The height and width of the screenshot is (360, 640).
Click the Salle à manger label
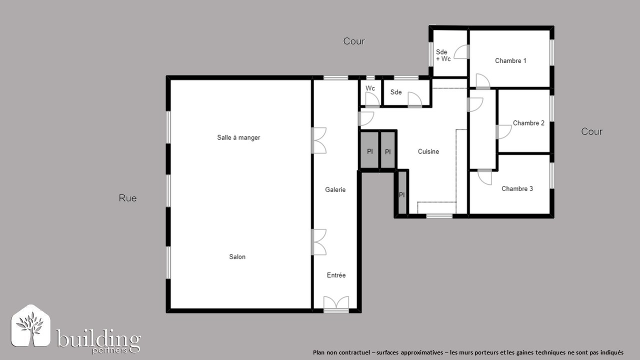click(x=238, y=137)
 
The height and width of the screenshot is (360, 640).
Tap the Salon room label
click(x=237, y=257)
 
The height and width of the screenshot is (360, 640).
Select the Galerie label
click(x=335, y=189)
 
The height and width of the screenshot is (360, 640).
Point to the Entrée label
click(x=336, y=275)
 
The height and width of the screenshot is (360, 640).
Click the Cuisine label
click(x=428, y=151)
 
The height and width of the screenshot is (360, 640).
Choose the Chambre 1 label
click(x=510, y=60)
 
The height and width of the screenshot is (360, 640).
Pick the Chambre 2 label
click(x=528, y=123)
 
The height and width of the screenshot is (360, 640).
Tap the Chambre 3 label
click(x=517, y=188)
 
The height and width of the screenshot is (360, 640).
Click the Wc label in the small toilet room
click(x=370, y=88)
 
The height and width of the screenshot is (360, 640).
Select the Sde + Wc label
click(x=443, y=55)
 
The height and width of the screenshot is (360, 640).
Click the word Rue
click(x=127, y=198)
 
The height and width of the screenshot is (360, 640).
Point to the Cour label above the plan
click(x=353, y=41)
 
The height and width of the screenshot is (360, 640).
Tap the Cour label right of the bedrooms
click(x=591, y=131)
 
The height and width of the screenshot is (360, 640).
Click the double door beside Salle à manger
click(x=319, y=140)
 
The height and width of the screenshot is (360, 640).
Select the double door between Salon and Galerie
click(x=319, y=242)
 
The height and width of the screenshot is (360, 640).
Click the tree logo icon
click(x=30, y=325)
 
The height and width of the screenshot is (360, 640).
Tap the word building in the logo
click(x=98, y=338)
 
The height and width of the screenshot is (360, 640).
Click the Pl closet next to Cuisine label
click(x=387, y=152)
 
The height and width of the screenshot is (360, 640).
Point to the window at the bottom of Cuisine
click(x=439, y=216)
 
